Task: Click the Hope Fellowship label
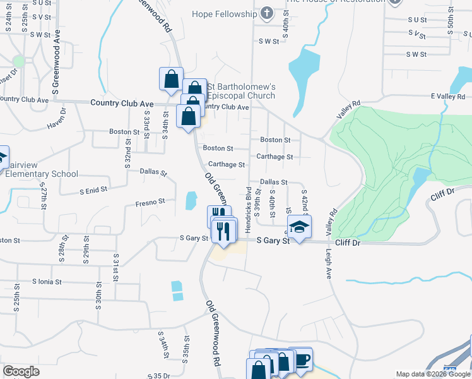[227, 13]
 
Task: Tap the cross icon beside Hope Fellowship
[267, 13]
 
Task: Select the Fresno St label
[150, 203]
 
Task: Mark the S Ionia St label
[47, 282]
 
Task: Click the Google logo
[21, 371]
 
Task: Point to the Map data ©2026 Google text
[434, 374]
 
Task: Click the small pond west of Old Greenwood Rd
[190, 201]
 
